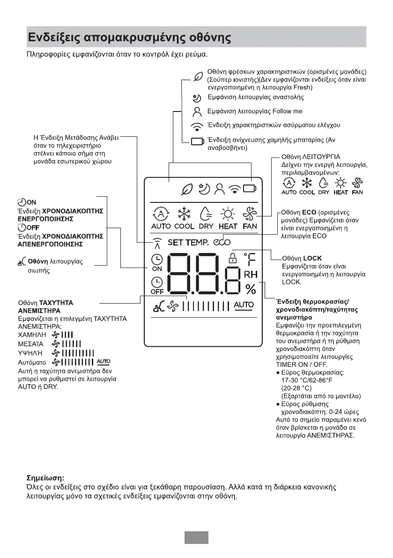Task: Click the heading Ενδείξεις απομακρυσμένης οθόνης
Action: [129, 37]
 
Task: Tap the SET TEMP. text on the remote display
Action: [188, 242]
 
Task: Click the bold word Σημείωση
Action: [44, 478]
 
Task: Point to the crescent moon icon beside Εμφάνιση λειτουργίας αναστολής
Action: [197, 98]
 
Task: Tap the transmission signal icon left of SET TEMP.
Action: [157, 242]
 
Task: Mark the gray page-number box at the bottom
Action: [196, 537]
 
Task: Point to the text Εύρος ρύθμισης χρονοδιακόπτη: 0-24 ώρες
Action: [317, 408]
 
